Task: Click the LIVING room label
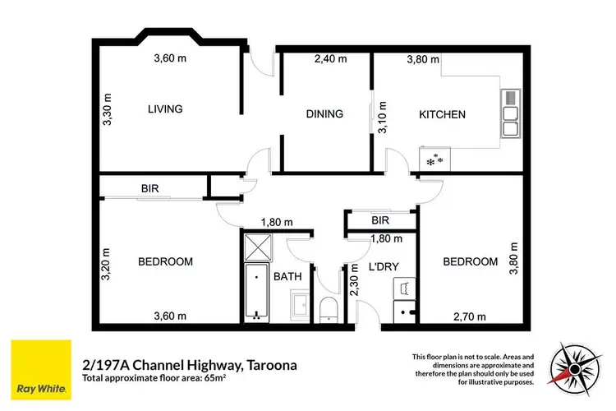(x=165, y=109)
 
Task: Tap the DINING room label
(x=324, y=114)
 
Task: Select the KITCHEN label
(x=442, y=114)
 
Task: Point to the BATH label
(x=287, y=276)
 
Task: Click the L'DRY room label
(x=384, y=266)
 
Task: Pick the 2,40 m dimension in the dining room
(x=330, y=59)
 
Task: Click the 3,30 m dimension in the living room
(x=107, y=109)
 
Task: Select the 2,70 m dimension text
(x=470, y=316)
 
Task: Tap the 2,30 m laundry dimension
(x=354, y=279)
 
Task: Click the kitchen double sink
(x=511, y=113)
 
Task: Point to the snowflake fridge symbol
(x=434, y=160)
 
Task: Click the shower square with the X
(x=258, y=247)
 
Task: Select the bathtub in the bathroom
(x=256, y=293)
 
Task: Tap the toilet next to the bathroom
(x=329, y=310)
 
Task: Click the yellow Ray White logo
(x=41, y=370)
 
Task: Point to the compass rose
(x=575, y=369)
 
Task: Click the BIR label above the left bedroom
(x=150, y=189)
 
